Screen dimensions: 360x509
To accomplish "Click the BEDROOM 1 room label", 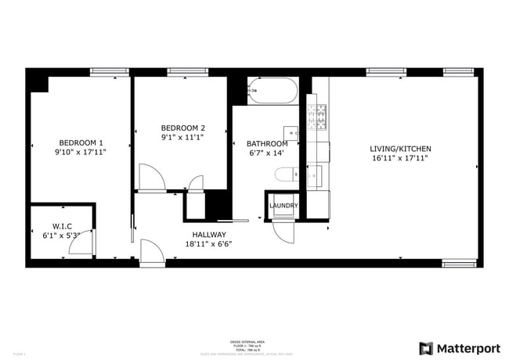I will point(81,142).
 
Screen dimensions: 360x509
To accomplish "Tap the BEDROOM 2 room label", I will point(182,128).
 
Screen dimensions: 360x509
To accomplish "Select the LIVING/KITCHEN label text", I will point(400,149).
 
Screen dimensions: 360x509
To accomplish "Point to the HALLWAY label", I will point(209,234).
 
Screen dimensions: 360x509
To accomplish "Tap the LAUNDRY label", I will point(283,206).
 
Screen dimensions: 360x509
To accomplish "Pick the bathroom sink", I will point(290,131).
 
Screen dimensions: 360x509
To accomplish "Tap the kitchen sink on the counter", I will point(314,176).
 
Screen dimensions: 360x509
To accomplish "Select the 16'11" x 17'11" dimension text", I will point(400,158).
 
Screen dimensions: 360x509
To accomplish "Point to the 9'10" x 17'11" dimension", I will point(81,152).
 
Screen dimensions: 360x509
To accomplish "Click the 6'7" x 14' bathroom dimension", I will point(266,153).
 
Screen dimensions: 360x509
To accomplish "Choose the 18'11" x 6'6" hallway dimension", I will point(208,243).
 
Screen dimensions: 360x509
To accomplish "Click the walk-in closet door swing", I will point(81,243).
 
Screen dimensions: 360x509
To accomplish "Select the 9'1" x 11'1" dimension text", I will point(182,138).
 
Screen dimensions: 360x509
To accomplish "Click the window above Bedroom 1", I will point(109,72).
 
